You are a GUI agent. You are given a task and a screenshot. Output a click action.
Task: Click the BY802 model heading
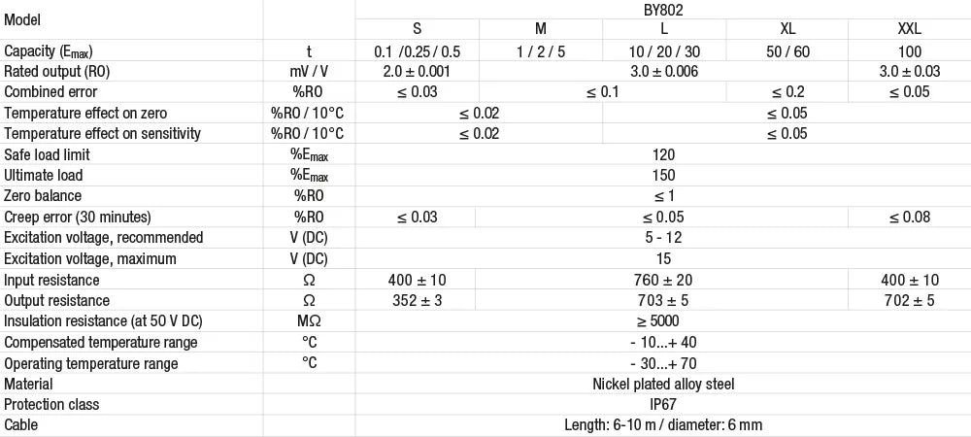click(x=663, y=9)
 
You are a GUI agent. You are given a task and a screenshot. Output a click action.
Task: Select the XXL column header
click(x=909, y=29)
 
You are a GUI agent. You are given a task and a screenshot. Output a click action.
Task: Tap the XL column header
click(x=787, y=29)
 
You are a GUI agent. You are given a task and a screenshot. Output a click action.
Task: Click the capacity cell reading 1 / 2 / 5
click(x=541, y=51)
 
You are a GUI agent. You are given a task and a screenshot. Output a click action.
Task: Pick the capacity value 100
click(x=909, y=51)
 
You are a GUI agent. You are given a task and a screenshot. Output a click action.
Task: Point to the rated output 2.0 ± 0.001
click(x=417, y=72)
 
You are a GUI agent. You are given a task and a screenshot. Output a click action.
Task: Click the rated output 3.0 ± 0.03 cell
click(x=909, y=72)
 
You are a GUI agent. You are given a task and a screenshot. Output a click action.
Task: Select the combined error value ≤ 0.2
click(x=787, y=92)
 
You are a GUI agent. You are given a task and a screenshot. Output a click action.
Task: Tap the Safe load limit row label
click(x=43, y=154)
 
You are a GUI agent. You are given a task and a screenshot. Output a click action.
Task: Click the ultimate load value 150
click(x=663, y=175)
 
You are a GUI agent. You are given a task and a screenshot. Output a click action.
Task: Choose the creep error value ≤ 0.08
click(x=909, y=218)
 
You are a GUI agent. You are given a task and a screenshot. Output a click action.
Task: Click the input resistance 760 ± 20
click(x=663, y=280)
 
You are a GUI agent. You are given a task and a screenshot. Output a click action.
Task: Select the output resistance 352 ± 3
click(x=417, y=301)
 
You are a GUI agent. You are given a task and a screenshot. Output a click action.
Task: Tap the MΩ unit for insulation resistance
click(x=309, y=321)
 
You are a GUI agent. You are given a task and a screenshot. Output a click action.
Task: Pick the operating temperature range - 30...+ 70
click(x=663, y=363)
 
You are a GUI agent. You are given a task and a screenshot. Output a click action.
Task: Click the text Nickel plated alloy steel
click(x=663, y=384)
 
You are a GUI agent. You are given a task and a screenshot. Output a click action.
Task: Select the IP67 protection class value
click(x=663, y=404)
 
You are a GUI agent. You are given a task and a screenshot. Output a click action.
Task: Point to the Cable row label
click(x=20, y=424)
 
